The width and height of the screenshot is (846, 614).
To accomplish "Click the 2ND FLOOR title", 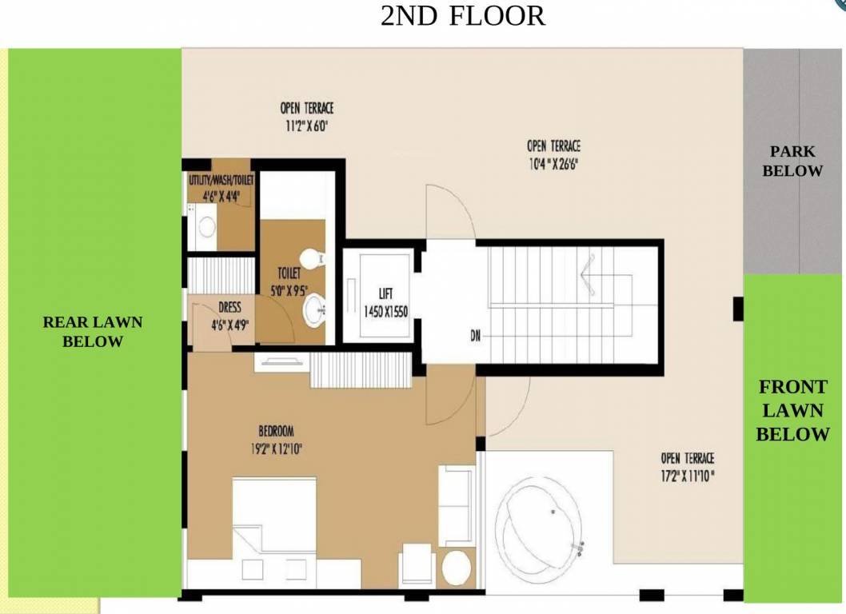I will pyautogui.click(x=462, y=16).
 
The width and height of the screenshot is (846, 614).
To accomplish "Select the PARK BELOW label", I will pyautogui.click(x=792, y=161).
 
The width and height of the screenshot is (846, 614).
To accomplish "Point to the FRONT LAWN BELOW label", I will pyautogui.click(x=792, y=411).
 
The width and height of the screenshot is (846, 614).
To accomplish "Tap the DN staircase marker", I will pyautogui.click(x=475, y=336).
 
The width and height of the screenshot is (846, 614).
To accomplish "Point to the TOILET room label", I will pyautogui.click(x=289, y=273).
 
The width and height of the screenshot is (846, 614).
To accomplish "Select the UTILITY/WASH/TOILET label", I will pyautogui.click(x=220, y=180).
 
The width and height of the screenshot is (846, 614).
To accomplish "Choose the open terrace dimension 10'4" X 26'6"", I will pyautogui.click(x=553, y=164).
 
